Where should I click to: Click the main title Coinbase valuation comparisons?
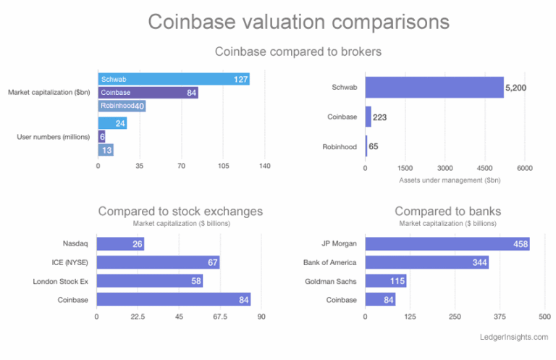point(298,22)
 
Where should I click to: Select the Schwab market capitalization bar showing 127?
point(174,79)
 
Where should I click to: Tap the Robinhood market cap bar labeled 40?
point(122,106)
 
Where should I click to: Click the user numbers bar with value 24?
point(112,123)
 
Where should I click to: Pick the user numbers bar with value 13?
point(106,150)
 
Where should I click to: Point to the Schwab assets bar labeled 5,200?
point(434,87)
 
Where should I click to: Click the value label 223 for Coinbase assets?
point(379,117)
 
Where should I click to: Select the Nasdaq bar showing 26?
point(120,244)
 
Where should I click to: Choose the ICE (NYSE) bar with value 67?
point(158,262)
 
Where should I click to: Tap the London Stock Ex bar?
point(149,281)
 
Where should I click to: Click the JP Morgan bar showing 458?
point(447,244)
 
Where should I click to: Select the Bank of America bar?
point(426,262)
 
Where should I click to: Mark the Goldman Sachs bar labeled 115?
point(386,281)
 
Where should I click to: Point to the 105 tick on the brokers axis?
point(224,167)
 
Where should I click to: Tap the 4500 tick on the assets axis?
point(485,168)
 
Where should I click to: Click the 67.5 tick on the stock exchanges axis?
point(220,316)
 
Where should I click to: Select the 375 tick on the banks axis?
point(500,316)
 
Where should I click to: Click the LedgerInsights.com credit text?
point(514,338)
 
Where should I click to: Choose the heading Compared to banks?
point(448,212)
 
